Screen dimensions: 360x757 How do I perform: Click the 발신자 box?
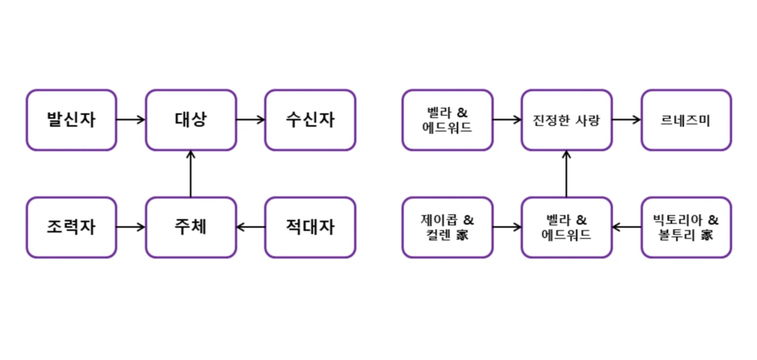click(71, 120)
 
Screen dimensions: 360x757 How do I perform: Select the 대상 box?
click(190, 120)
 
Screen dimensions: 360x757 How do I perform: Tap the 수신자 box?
click(309, 120)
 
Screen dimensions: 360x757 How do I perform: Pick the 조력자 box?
click(71, 227)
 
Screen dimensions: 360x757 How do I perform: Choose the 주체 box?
click(190, 227)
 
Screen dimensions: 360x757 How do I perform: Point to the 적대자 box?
click(309, 227)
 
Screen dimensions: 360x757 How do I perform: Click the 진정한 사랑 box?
click(566, 120)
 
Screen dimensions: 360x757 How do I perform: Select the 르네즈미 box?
click(685, 120)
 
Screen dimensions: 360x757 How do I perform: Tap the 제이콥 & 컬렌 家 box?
click(447, 227)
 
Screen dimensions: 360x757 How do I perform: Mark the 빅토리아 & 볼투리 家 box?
click(685, 227)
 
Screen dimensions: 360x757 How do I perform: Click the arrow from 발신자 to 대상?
click(131, 120)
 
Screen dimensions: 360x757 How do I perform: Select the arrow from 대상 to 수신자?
click(250, 120)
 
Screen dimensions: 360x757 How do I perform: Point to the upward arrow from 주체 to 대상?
click(190, 174)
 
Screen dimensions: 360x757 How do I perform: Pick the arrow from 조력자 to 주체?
click(131, 227)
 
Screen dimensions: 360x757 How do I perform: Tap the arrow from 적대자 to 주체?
click(250, 227)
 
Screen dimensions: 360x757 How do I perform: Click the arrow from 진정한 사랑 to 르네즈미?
click(626, 120)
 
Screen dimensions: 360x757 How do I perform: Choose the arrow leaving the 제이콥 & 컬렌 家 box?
click(507, 227)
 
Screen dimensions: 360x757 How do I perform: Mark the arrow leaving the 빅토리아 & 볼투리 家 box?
click(626, 227)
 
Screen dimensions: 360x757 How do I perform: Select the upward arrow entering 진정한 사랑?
click(566, 174)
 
